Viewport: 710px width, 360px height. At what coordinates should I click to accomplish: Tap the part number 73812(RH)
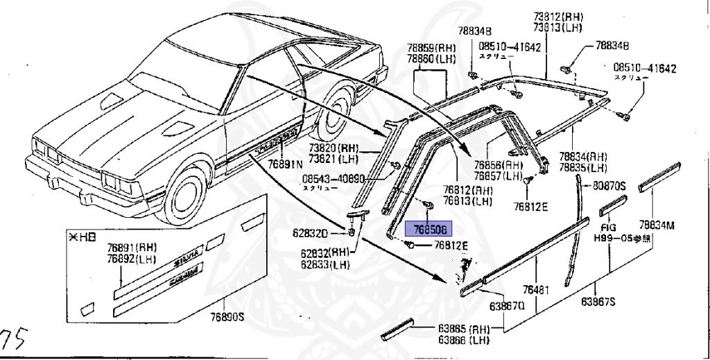pos(560,17)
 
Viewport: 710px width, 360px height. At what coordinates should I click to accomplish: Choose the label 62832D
pos(323,232)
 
